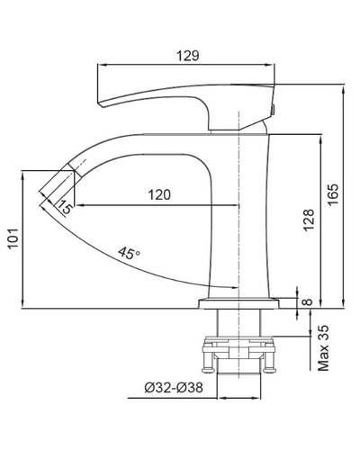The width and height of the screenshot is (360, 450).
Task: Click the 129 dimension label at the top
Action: [188, 56]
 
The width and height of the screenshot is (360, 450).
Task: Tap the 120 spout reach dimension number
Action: [159, 195]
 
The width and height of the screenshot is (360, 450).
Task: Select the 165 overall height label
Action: [333, 194]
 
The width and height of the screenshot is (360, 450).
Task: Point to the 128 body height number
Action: [309, 220]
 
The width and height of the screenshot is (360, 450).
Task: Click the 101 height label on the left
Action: [13, 238]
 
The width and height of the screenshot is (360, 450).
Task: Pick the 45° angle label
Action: [129, 253]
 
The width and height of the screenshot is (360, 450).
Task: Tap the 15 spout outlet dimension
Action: [65, 207]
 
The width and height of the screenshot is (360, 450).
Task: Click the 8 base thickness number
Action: [307, 302]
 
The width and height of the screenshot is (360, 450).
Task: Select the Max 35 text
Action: [323, 348]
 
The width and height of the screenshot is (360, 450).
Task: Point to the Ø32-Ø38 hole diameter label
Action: [174, 388]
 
